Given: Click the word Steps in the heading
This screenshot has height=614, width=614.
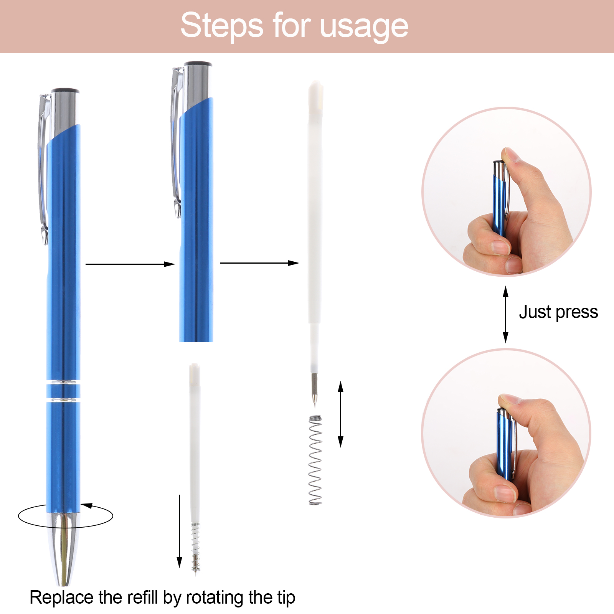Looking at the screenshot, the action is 222,26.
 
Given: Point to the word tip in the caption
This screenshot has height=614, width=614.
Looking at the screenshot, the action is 284,597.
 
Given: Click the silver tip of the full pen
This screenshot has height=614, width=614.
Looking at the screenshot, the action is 63,549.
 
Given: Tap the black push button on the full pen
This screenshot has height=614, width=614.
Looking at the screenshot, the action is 65,91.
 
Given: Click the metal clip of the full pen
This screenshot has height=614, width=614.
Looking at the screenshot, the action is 43,169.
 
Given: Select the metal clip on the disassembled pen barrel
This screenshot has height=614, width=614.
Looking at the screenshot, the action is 176,142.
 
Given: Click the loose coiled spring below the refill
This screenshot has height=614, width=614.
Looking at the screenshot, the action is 315,460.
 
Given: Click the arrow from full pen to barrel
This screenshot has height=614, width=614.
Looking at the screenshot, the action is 130,264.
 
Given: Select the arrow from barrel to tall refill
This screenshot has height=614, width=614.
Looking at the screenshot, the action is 260,263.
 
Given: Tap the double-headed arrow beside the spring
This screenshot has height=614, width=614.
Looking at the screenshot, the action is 340,414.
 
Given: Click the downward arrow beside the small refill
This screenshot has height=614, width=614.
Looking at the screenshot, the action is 179,531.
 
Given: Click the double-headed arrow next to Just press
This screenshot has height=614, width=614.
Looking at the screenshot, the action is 505,314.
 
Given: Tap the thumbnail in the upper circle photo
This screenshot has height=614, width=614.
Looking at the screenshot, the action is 510,155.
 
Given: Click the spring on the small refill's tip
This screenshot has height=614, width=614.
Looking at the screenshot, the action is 196,547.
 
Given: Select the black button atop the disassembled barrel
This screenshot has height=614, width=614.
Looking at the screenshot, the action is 198,64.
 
